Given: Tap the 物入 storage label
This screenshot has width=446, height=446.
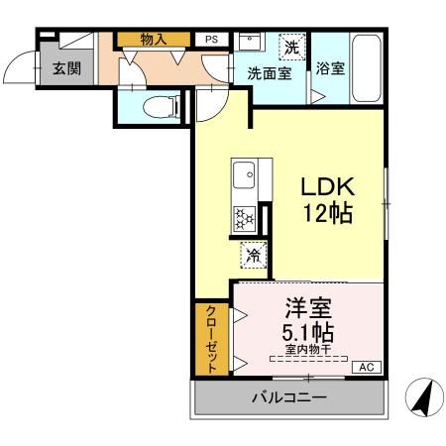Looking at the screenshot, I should pyautogui.click(x=153, y=39).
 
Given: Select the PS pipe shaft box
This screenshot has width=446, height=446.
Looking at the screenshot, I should pyautogui.click(x=210, y=39).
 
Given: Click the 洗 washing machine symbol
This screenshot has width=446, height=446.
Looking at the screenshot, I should pyautogui.click(x=291, y=46).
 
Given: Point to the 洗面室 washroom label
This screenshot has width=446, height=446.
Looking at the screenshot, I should pyautogui.click(x=270, y=73).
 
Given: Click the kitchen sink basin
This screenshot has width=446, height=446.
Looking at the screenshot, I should pyautogui.click(x=244, y=179).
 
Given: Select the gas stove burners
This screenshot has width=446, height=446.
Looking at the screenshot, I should pyautogui.click(x=244, y=218).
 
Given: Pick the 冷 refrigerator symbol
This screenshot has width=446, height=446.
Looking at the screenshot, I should pyautogui.click(x=253, y=255).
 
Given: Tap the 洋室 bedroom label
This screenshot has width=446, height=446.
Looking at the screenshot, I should pyautogui.click(x=309, y=308).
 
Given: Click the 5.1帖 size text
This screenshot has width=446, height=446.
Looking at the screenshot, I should pyautogui.click(x=309, y=332).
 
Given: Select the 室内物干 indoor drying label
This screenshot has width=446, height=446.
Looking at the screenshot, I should pyautogui.click(x=309, y=350).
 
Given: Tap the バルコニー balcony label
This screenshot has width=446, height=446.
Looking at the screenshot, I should pyautogui.click(x=287, y=398).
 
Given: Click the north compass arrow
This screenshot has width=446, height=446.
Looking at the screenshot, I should pyautogui.click(x=422, y=398).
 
